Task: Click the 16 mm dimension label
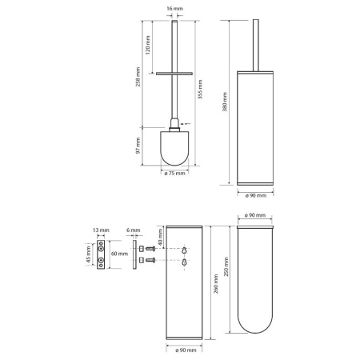click(174, 9)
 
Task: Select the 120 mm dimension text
click(148, 45)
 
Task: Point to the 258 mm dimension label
click(138, 77)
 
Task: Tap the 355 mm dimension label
click(200, 90)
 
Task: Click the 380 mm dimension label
click(225, 102)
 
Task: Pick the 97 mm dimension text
click(138, 146)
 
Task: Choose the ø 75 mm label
click(174, 174)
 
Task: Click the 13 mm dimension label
click(101, 230)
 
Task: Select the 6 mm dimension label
click(134, 230)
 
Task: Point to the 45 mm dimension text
click(89, 254)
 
